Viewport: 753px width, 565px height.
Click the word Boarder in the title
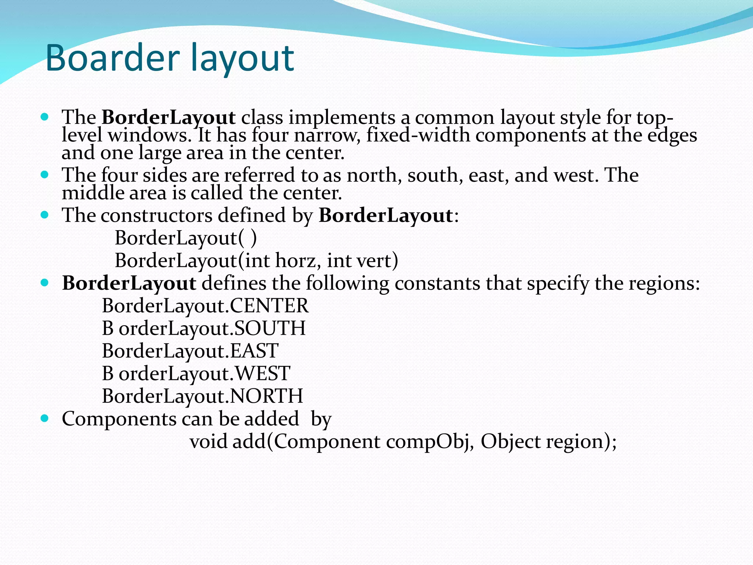coord(112,58)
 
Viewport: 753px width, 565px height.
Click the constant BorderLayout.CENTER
coord(205,306)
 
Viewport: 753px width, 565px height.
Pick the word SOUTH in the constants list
coord(270,328)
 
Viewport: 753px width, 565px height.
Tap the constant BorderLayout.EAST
coord(190,351)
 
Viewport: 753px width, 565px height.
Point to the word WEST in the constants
coord(263,373)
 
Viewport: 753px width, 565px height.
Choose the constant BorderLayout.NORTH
coord(202,396)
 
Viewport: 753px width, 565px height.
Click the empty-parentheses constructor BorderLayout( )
coord(186,238)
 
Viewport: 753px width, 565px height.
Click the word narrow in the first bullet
coord(327,135)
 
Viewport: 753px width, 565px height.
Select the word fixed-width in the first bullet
coord(418,135)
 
